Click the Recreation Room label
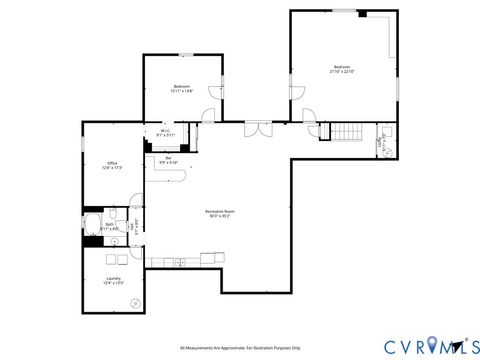tap(218, 213)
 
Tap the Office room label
tap(113, 165)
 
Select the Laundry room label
tap(113, 281)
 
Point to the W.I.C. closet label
tap(165, 132)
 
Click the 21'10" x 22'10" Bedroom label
tap(342, 69)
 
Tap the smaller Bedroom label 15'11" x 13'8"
tap(181, 88)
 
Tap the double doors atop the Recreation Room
tap(257, 128)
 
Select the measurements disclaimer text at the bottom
tap(240, 348)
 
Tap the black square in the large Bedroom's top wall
tap(362, 14)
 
